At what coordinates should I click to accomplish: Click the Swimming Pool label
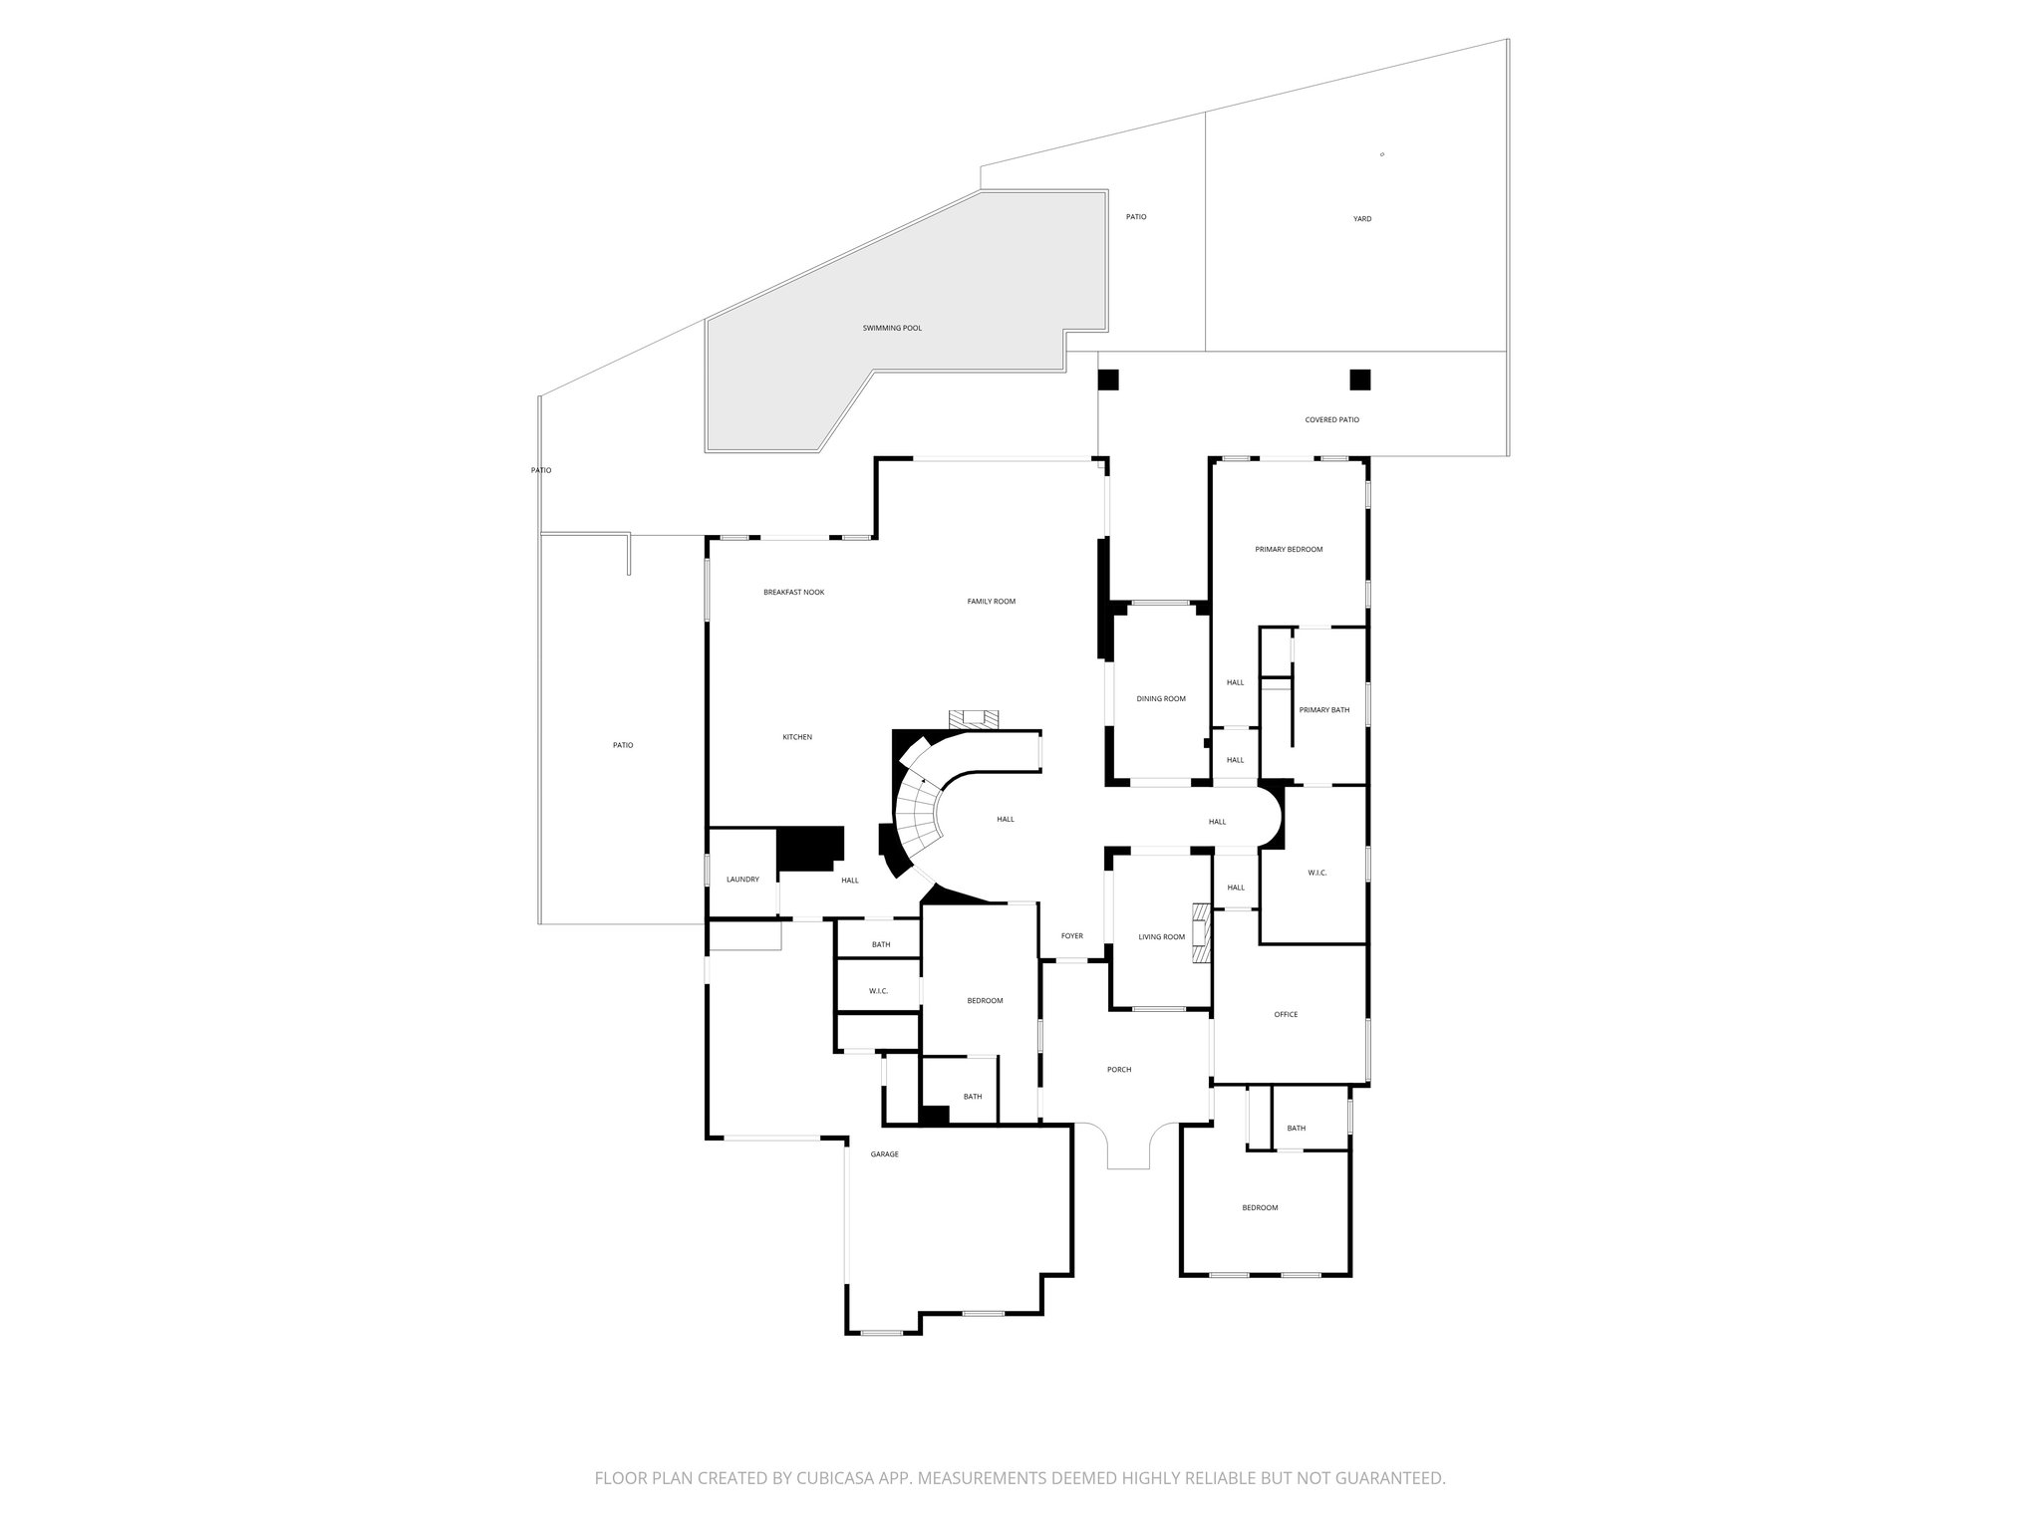[892, 328]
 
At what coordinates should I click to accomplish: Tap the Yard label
[1362, 219]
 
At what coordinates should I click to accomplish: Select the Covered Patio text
[1331, 420]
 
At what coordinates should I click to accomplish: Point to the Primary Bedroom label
[1289, 550]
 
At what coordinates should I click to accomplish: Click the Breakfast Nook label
[793, 593]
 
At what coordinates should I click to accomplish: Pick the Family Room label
[991, 602]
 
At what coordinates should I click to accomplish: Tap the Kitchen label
[797, 737]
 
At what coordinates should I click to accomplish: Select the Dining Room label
[1161, 699]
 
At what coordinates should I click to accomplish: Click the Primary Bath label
[1324, 710]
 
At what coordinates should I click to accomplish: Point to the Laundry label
[742, 880]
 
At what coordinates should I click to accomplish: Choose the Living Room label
[1162, 937]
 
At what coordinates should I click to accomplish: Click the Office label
[1286, 1015]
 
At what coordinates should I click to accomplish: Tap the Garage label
[884, 1154]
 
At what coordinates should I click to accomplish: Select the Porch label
[1119, 1070]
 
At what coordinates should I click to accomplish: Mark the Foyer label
[1071, 936]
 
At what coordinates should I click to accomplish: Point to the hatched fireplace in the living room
[1202, 934]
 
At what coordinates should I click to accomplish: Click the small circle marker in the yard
[1382, 154]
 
